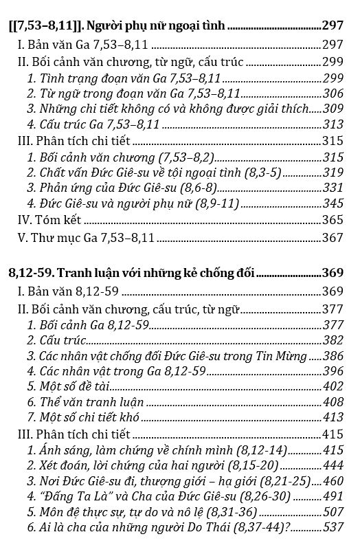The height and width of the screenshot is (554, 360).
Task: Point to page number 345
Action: pyautogui.click(x=332, y=203)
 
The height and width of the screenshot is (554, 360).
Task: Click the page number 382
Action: pyautogui.click(x=332, y=340)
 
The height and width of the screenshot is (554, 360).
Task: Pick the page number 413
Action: pyautogui.click(x=332, y=417)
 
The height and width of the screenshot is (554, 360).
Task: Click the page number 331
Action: pyautogui.click(x=332, y=188)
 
